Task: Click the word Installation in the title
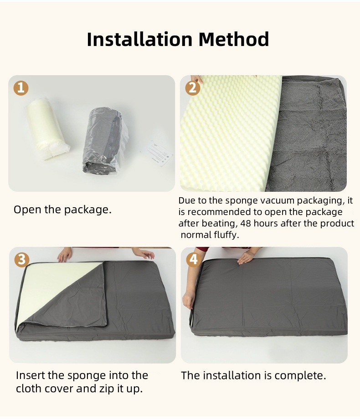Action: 136,39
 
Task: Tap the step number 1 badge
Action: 21,87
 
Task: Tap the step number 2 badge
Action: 192,87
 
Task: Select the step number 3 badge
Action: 21,259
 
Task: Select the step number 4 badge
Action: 193,259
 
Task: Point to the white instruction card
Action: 157,155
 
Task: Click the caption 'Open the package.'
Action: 62,210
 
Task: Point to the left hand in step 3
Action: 65,254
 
